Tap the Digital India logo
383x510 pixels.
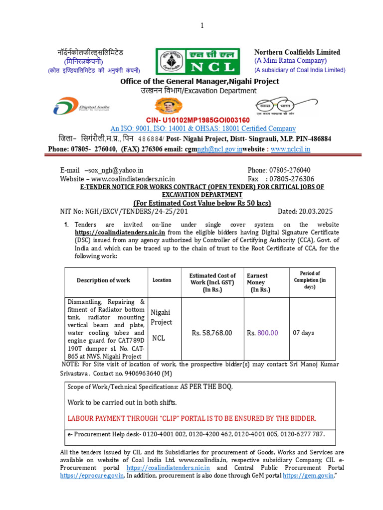click(x=81, y=107)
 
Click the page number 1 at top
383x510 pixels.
click(x=202, y=26)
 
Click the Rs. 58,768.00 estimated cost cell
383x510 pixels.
click(x=212, y=333)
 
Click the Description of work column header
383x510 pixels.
click(x=103, y=280)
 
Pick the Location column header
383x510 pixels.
click(x=162, y=280)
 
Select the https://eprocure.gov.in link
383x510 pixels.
click(x=92, y=476)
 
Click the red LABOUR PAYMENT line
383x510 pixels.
click(x=191, y=418)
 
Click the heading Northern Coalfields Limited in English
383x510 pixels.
click(x=297, y=52)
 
